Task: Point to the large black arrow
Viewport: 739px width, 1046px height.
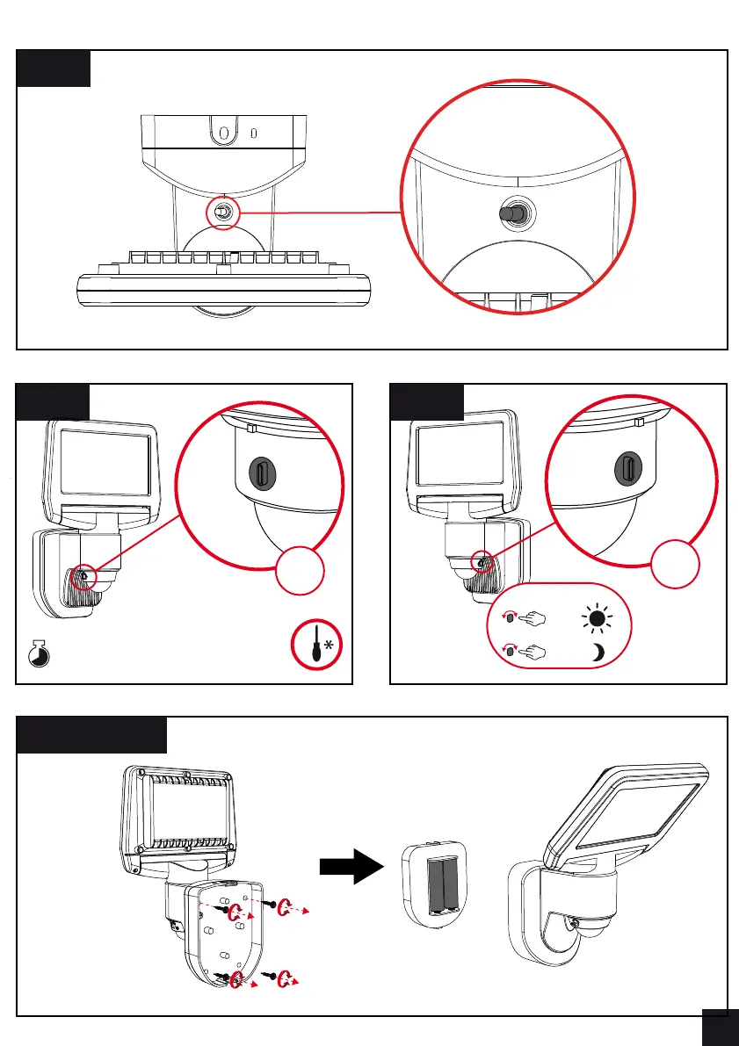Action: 352,867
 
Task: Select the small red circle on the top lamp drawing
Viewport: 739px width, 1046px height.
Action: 224,213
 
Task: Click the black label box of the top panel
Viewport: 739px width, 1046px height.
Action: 54,68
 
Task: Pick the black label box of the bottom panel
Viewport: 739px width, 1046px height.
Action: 92,734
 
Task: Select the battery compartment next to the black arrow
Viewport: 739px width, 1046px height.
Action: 435,885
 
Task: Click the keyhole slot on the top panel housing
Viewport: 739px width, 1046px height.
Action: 223,133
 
